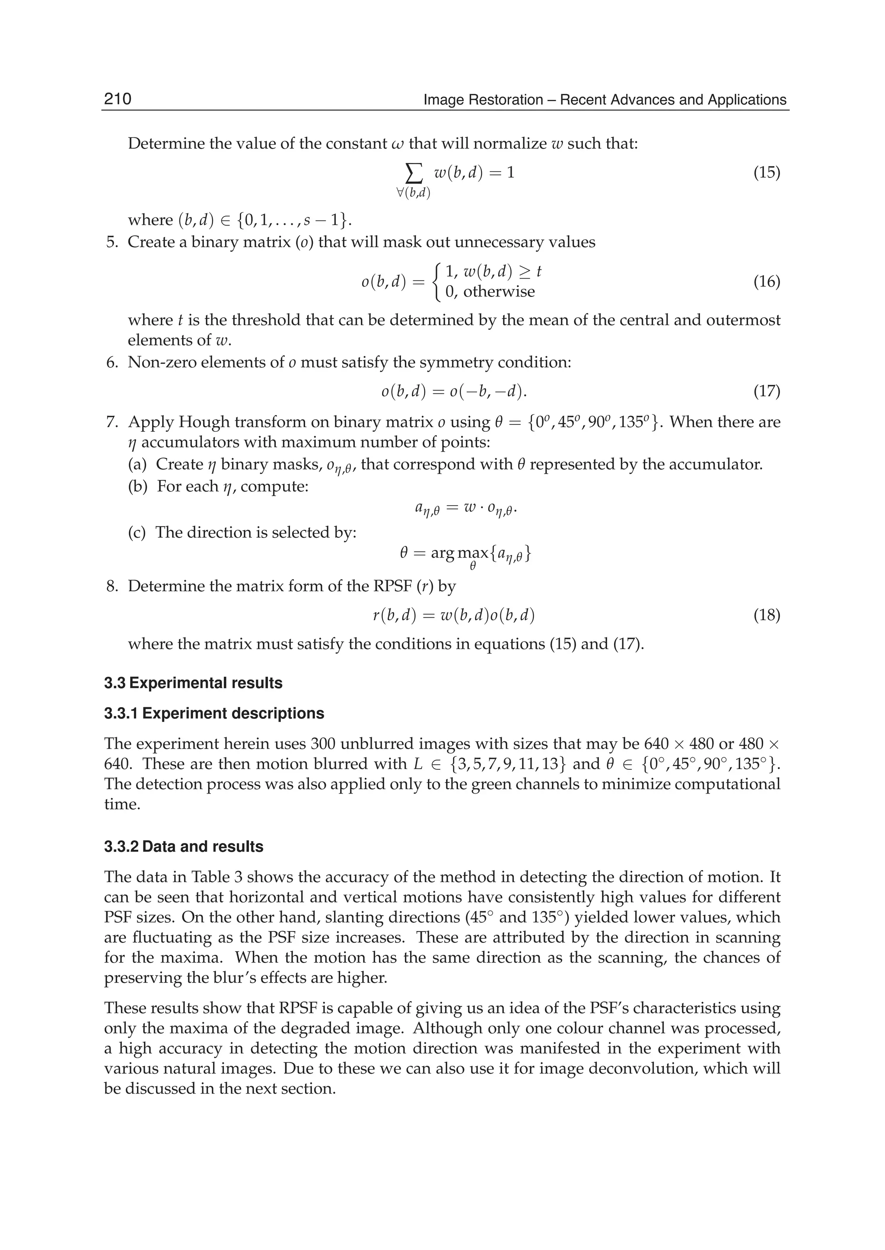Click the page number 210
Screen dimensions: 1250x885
(118, 99)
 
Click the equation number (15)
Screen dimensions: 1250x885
(766, 173)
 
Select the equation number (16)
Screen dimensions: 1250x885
(766, 282)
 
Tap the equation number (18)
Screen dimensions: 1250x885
(766, 615)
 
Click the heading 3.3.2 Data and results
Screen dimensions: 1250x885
(184, 847)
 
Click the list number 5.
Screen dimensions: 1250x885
(112, 242)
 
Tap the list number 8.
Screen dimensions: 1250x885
(112, 587)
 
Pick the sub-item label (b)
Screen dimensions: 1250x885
(137, 486)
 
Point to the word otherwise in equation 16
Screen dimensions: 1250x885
(499, 292)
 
